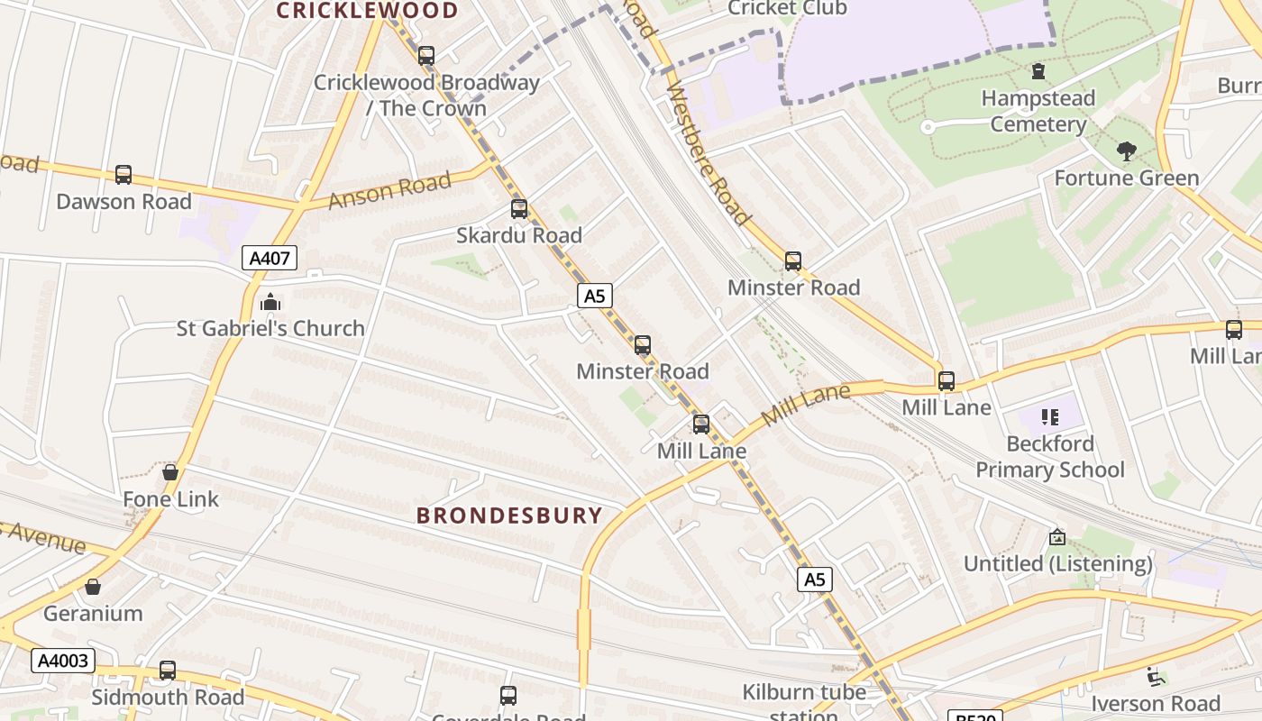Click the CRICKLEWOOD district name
click(x=367, y=11)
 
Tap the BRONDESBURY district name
click(x=509, y=516)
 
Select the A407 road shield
click(x=270, y=259)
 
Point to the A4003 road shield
click(x=63, y=661)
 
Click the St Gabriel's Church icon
click(x=270, y=302)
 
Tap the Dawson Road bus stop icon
click(x=123, y=175)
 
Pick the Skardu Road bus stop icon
click(x=519, y=209)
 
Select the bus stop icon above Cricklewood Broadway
click(x=426, y=56)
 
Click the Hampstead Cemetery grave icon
click(x=1038, y=71)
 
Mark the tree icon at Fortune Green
click(x=1126, y=151)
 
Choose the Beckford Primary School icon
click(x=1050, y=417)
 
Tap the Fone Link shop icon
click(x=170, y=472)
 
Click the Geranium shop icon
click(x=93, y=588)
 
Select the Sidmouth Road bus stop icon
click(x=168, y=671)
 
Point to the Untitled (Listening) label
click(x=1058, y=564)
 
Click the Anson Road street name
click(x=389, y=191)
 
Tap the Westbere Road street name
click(x=709, y=153)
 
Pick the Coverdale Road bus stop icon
click(x=508, y=696)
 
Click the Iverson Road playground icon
click(x=1155, y=677)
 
